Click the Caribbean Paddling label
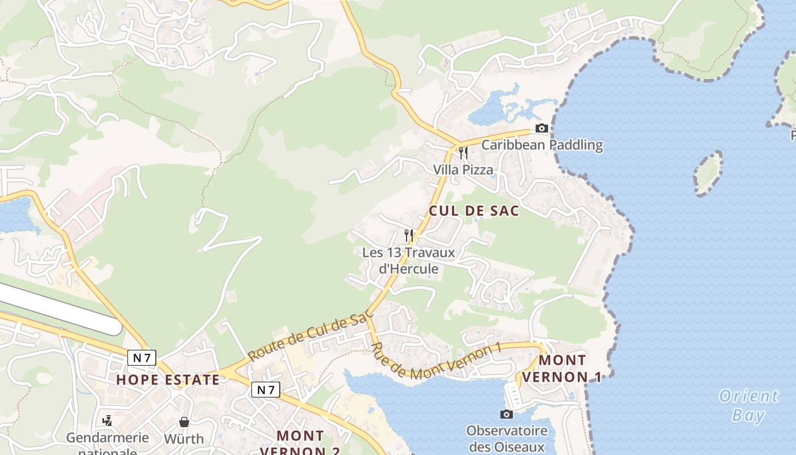tap(542, 145)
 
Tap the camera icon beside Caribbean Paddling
tap(542, 129)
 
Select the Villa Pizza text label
tap(463, 169)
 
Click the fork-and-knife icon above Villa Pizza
tap(463, 152)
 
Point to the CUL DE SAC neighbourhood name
tap(474, 211)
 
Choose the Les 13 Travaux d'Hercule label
tap(409, 260)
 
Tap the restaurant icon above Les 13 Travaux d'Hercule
tap(409, 235)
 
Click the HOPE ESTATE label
tap(168, 380)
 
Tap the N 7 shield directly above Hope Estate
tap(142, 358)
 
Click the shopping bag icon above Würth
tap(184, 422)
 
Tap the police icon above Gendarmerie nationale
tap(107, 421)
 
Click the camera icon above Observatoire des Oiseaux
tap(506, 414)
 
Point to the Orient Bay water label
tap(748, 406)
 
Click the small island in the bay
tap(708, 174)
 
